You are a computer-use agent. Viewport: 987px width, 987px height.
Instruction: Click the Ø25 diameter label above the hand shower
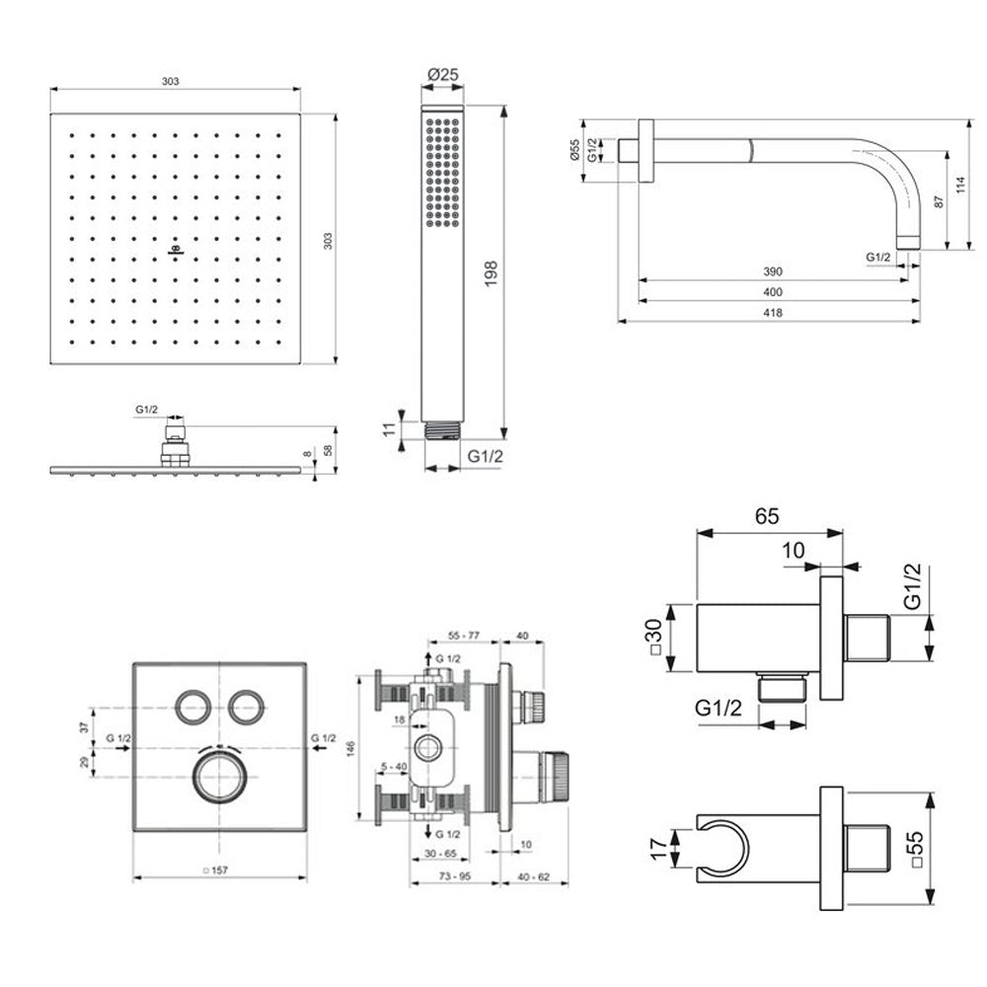[443, 74]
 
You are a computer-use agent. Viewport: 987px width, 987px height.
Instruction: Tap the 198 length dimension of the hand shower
[491, 273]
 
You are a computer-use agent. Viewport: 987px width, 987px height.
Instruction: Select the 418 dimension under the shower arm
[773, 313]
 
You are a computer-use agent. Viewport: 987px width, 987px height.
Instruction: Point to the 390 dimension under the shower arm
[773, 272]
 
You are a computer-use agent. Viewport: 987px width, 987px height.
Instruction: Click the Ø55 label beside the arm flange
[574, 150]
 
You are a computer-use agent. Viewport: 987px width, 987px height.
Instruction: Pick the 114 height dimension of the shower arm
[960, 185]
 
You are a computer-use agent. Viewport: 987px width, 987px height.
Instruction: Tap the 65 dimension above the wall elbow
[767, 516]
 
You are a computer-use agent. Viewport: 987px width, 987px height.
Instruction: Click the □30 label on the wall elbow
[654, 637]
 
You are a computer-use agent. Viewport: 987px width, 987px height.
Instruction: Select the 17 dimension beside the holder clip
[657, 849]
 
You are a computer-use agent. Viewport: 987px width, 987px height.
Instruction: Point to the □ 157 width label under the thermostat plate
[215, 871]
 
